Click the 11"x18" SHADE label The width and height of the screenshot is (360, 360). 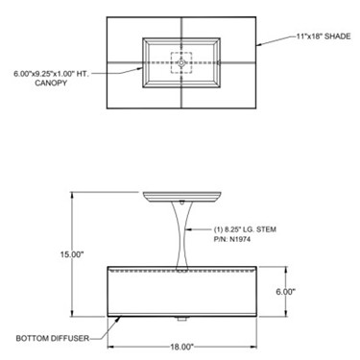pyautogui.click(x=324, y=36)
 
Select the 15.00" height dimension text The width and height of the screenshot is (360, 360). pyautogui.click(x=72, y=254)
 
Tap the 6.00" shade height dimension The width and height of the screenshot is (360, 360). pyautogui.click(x=286, y=292)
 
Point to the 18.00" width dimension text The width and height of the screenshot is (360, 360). pyautogui.click(x=181, y=347)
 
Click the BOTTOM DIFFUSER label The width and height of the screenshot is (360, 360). pyautogui.click(x=53, y=338)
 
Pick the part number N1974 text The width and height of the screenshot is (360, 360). pyautogui.click(x=232, y=239)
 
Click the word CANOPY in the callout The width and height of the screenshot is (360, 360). pyautogui.click(x=51, y=83)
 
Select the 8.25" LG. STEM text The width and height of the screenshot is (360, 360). pyautogui.click(x=245, y=229)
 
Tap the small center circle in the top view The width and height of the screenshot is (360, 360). pyautogui.click(x=181, y=63)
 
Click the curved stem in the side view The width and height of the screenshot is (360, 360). pyautogui.click(x=181, y=235)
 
